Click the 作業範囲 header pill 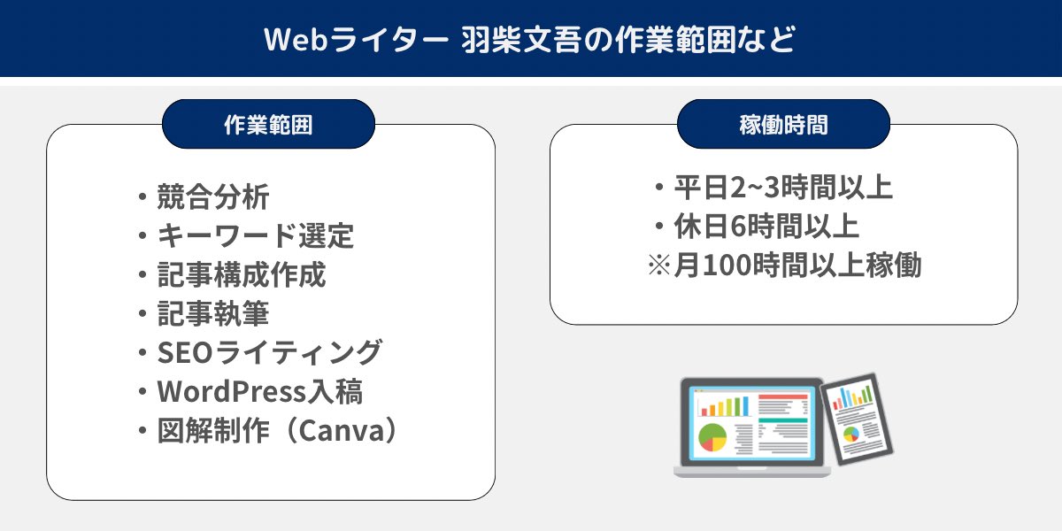coord(268,125)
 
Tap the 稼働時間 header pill coord(783,125)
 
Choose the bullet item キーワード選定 coord(255,235)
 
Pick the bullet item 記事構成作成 coord(241,274)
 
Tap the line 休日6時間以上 coord(767,227)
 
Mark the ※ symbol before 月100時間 coord(659,265)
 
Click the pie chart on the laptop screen coord(712,436)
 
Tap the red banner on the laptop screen coord(783,396)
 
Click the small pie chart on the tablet coord(851,434)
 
